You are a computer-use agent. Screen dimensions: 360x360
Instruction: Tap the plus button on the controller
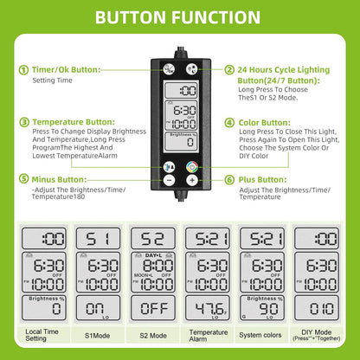[x=192, y=181]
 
